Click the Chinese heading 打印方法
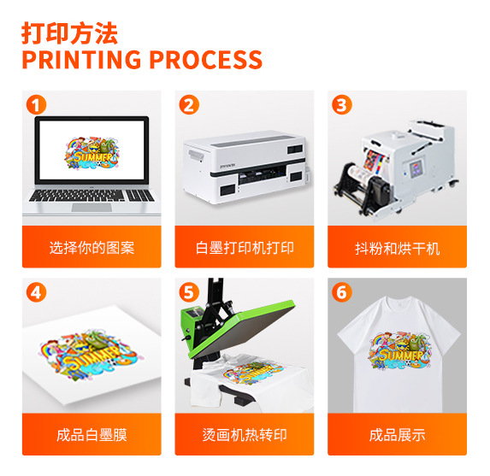click(x=69, y=32)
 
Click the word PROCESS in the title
click(x=206, y=61)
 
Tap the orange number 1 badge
click(x=35, y=105)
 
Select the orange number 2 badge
click(x=189, y=105)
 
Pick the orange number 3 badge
click(x=342, y=105)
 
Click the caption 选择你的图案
click(x=92, y=248)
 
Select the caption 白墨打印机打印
click(x=245, y=248)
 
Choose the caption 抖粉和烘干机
click(x=398, y=248)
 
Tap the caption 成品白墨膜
click(x=92, y=435)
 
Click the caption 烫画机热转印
click(x=245, y=435)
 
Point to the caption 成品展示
click(x=398, y=435)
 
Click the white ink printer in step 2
click(x=245, y=162)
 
